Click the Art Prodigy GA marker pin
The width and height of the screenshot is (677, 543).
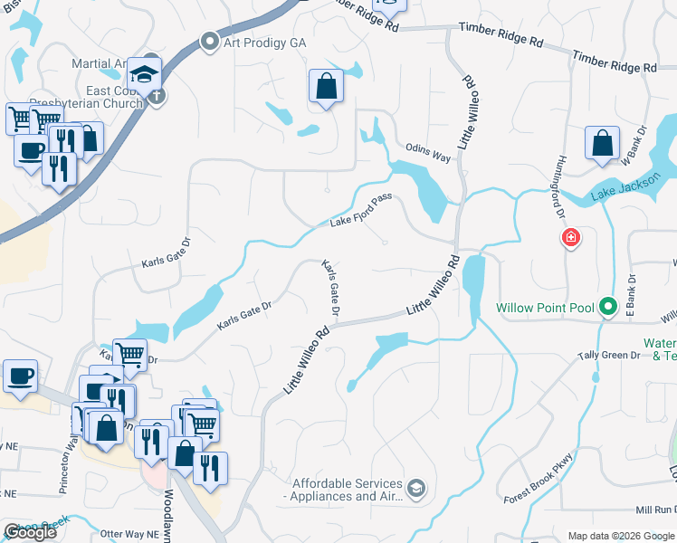[x=210, y=41]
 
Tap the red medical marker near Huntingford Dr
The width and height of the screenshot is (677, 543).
[x=570, y=239]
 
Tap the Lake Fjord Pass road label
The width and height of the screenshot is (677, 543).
[x=360, y=214]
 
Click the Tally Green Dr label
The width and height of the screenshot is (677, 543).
[x=608, y=356]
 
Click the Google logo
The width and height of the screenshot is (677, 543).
[x=30, y=533]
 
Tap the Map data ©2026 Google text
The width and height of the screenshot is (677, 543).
[x=620, y=536]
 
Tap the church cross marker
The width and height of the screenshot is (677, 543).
[x=157, y=96]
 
